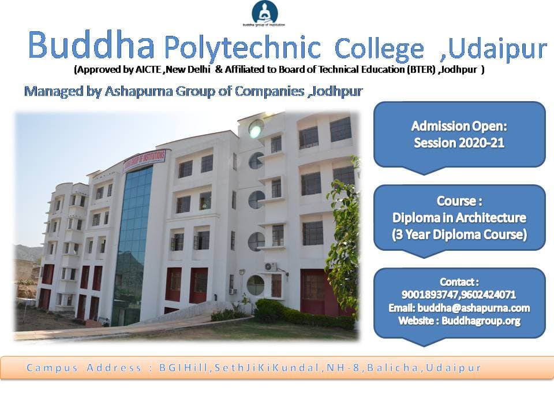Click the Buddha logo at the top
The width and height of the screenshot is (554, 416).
[x=264, y=13]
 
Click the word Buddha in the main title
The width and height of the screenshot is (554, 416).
[x=91, y=45]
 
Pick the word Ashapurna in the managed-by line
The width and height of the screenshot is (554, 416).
[x=138, y=91]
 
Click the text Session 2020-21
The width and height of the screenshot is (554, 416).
[x=459, y=143]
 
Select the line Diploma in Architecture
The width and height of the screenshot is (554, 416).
[x=459, y=218]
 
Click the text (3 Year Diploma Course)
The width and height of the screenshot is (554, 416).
[x=459, y=235]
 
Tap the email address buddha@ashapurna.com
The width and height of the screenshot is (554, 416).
[x=473, y=308]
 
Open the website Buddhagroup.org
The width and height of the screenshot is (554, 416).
[x=481, y=321]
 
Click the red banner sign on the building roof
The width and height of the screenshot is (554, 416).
[x=144, y=161]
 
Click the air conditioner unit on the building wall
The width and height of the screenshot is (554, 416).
[x=271, y=266]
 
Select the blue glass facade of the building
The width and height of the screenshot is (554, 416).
[x=133, y=244]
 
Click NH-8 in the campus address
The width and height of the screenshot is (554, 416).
[x=343, y=368]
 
